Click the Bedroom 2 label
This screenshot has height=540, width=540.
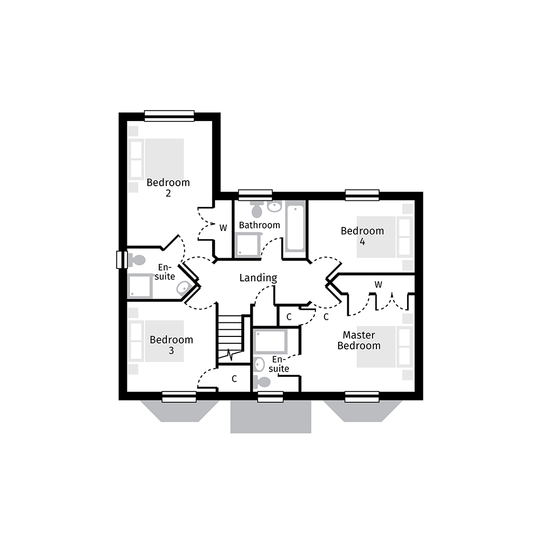point(168,187)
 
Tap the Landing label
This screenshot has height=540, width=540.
point(258,278)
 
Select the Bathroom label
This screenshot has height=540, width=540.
point(259,225)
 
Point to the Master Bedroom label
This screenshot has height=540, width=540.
point(359,340)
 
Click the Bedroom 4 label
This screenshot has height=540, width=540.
point(362,236)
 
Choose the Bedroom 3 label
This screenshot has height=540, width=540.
point(171,345)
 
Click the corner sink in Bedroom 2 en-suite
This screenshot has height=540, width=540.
point(183,288)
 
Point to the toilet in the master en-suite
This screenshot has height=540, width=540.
point(262,382)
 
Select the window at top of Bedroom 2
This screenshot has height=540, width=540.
point(169,116)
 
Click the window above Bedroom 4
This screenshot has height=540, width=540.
point(362,194)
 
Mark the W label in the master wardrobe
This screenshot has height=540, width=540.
point(379,284)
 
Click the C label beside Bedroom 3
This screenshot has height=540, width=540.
point(234,379)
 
